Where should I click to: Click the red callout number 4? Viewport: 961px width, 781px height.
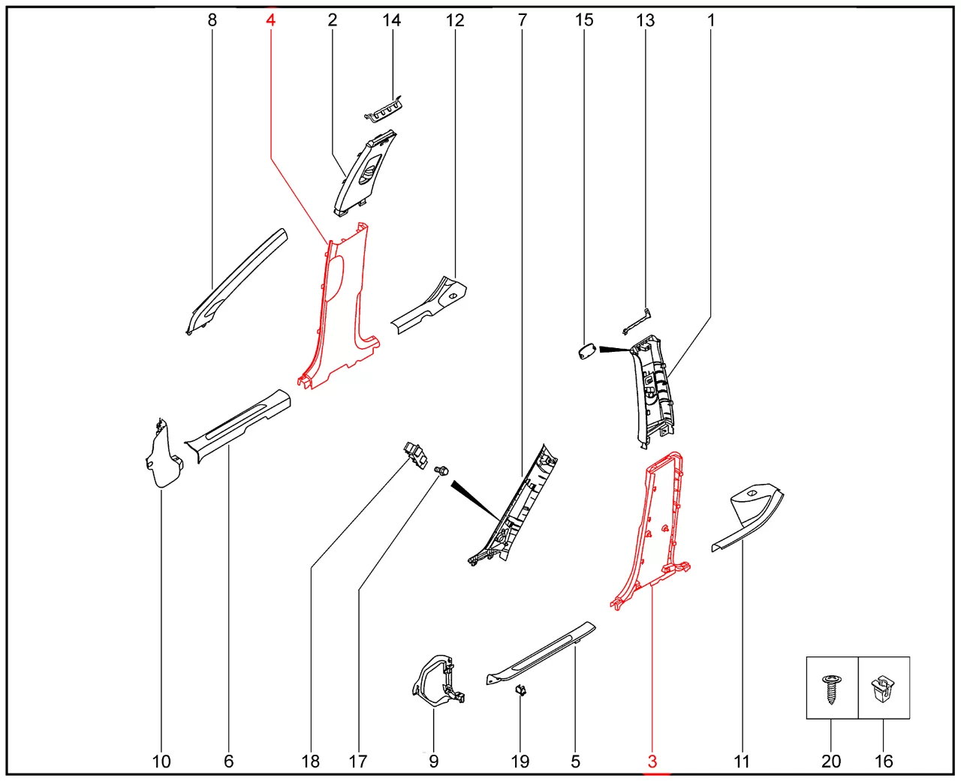click(270, 20)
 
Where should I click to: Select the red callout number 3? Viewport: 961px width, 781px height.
click(652, 761)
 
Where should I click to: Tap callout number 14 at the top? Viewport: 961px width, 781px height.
click(392, 20)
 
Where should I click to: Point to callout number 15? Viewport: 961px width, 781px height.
click(584, 20)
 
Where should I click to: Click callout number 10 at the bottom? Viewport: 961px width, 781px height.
click(161, 761)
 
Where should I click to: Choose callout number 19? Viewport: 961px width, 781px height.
click(520, 761)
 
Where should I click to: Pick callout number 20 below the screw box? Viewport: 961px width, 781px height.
click(831, 761)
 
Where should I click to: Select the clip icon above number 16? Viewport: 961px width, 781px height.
click(883, 689)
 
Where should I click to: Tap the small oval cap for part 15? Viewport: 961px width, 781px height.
click(587, 352)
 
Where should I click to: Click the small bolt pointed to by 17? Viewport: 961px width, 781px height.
click(441, 470)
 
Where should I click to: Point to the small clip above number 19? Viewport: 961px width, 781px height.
click(520, 690)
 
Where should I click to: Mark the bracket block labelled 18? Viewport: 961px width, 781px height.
click(415, 456)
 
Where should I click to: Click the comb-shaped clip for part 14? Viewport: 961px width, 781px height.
click(384, 109)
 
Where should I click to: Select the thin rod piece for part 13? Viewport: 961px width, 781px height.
click(637, 322)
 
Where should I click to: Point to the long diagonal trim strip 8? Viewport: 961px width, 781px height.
click(236, 282)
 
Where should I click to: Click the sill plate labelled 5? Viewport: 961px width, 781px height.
click(541, 653)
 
